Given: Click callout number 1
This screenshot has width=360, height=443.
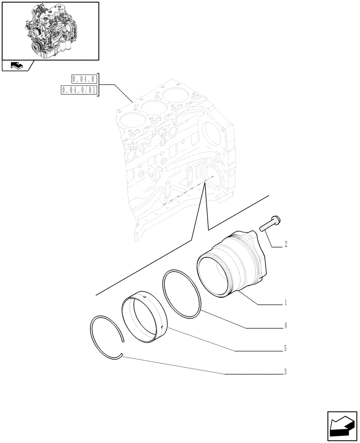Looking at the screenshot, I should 286,303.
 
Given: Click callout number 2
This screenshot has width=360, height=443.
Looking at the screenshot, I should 286,244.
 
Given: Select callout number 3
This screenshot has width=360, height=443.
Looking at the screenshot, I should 286,372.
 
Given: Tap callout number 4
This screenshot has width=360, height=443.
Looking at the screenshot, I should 286,326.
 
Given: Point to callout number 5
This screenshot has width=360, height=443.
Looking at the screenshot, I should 286,349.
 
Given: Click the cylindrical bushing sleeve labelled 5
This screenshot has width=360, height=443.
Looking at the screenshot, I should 143,318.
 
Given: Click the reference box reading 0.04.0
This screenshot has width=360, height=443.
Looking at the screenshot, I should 84,80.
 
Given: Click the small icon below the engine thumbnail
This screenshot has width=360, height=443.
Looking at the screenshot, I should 17,66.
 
